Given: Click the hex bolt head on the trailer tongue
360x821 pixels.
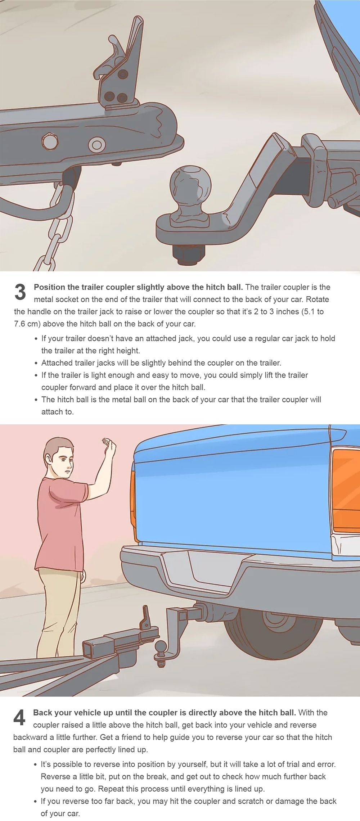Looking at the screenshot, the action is (50, 142).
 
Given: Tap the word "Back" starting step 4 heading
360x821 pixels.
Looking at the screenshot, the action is (43, 713).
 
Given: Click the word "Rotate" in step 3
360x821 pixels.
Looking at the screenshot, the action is (317, 299).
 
